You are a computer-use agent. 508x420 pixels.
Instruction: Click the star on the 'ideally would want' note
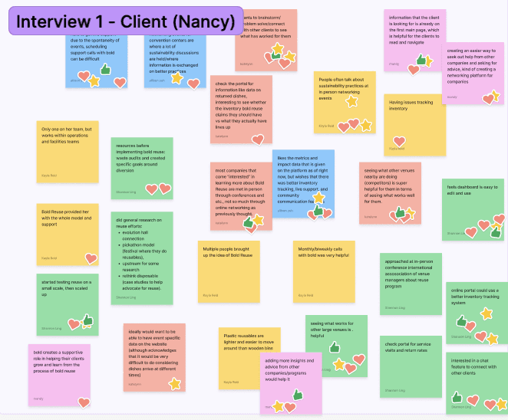pyautogui.click(x=174, y=383)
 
